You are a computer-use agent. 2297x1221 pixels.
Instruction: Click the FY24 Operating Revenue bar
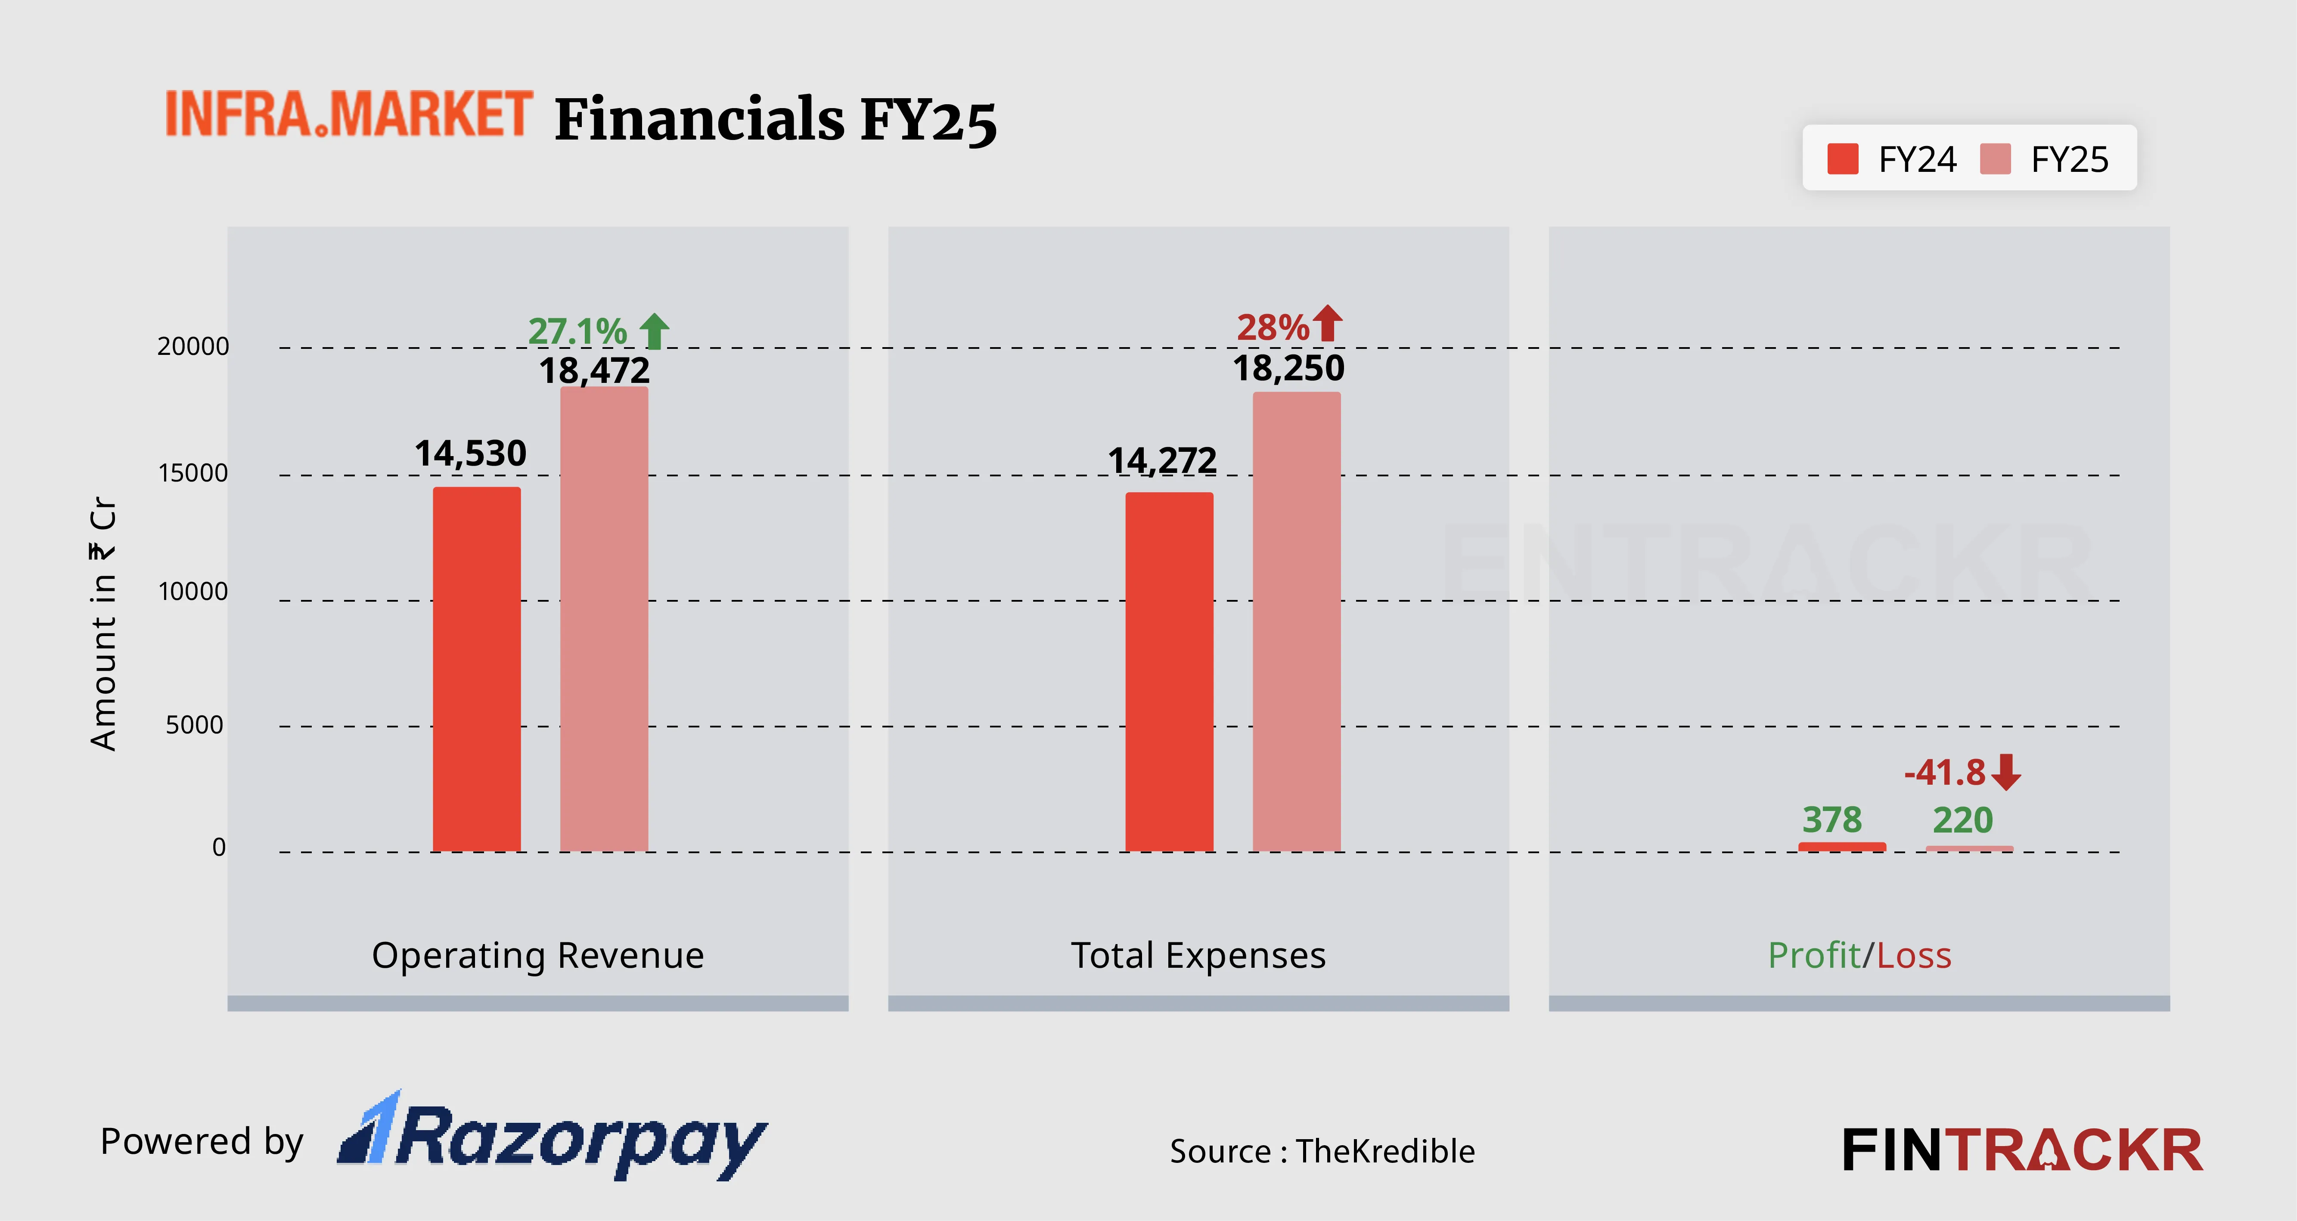pos(476,669)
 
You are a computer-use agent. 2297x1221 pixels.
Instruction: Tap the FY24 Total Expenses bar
pos(1169,671)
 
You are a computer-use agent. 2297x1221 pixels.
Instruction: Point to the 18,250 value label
pos(1288,367)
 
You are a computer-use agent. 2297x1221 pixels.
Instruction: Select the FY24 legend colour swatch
pos(1842,160)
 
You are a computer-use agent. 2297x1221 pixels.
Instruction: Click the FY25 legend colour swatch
pos(1995,160)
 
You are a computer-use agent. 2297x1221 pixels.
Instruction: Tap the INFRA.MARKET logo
pos(349,114)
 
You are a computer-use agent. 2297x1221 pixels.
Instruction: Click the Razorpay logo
pos(553,1137)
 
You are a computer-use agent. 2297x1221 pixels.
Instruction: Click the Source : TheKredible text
pos(1322,1150)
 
